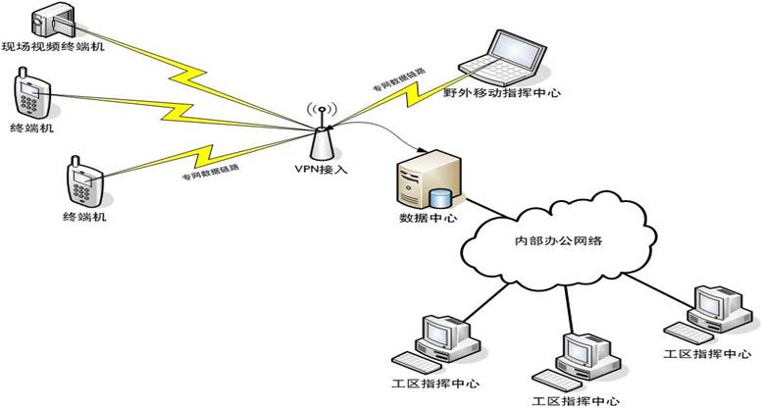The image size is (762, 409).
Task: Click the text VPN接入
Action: (319, 170)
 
